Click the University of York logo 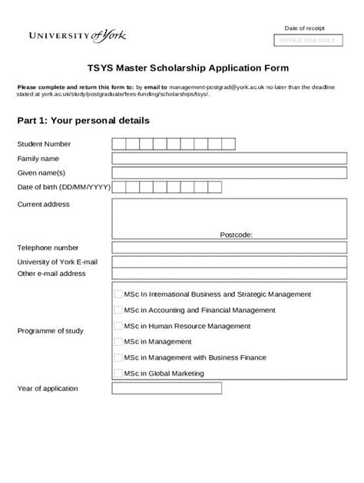[78, 35]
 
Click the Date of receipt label [304, 28]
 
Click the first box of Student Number [118, 144]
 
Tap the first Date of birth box [118, 187]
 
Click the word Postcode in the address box [236, 235]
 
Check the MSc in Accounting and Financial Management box [118, 310]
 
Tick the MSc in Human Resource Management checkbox [118, 326]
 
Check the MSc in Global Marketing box [118, 373]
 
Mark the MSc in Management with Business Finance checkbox [118, 357]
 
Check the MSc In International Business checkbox [118, 294]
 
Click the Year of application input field [167, 388]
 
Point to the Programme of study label [50, 331]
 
